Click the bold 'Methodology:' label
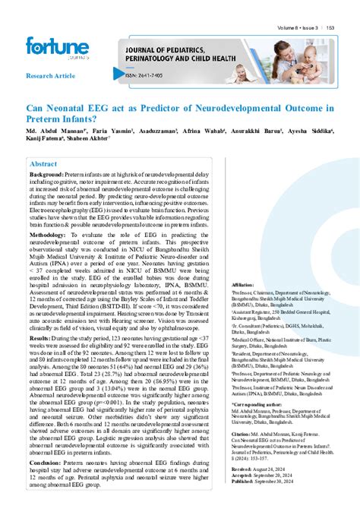click(x=48, y=236)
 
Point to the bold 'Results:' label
click(x=39, y=336)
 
